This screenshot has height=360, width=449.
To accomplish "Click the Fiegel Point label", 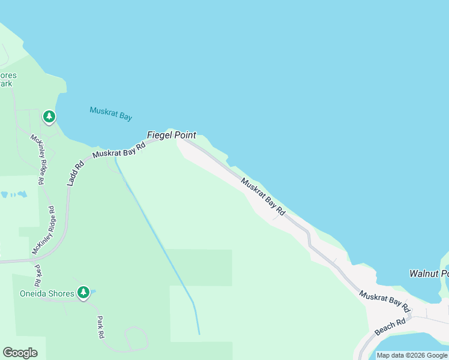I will (x=172, y=136).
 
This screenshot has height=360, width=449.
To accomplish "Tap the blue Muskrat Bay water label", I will (x=110, y=113).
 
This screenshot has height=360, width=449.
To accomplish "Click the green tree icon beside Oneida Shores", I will (x=83, y=293).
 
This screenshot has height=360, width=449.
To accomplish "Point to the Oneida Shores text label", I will (x=46, y=293).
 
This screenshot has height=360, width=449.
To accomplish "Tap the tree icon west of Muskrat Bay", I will (x=49, y=116).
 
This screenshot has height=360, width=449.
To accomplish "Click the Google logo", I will (x=20, y=353).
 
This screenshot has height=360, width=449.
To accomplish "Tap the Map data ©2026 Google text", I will (x=412, y=355).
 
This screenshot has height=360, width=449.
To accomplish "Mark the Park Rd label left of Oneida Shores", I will (x=37, y=275).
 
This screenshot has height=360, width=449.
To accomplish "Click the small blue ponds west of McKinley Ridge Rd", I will (x=14, y=195).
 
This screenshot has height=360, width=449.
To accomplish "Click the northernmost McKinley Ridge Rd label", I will (x=37, y=159).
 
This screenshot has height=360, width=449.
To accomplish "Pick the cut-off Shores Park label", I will (x=8, y=80).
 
